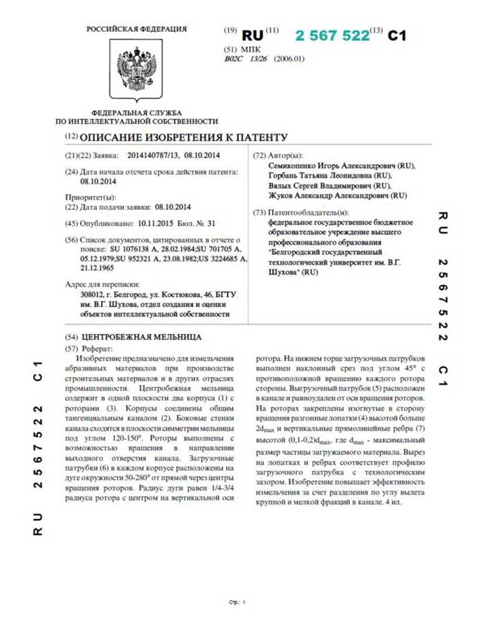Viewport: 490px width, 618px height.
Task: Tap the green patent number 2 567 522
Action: tap(332, 36)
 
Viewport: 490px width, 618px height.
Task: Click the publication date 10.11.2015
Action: tap(158, 224)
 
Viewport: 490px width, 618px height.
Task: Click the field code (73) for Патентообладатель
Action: tap(260, 212)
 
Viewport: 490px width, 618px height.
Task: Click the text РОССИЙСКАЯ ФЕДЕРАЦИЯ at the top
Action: tap(136, 29)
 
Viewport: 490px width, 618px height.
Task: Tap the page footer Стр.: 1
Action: tap(237, 602)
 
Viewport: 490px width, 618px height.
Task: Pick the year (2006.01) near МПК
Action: tap(289, 60)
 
